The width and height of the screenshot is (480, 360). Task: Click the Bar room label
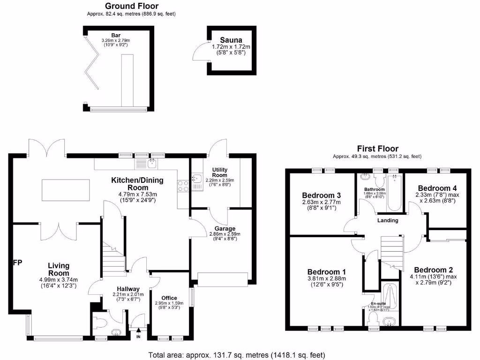(116, 35)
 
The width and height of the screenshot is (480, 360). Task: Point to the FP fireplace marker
(17, 262)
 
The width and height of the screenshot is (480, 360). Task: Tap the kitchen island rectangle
(65, 190)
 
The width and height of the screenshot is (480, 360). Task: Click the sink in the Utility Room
(196, 179)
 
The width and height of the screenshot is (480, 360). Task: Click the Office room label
(169, 298)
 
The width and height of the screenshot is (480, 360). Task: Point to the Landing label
(388, 220)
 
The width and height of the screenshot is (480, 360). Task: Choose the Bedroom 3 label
(321, 195)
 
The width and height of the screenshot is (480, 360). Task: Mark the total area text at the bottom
(236, 355)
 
